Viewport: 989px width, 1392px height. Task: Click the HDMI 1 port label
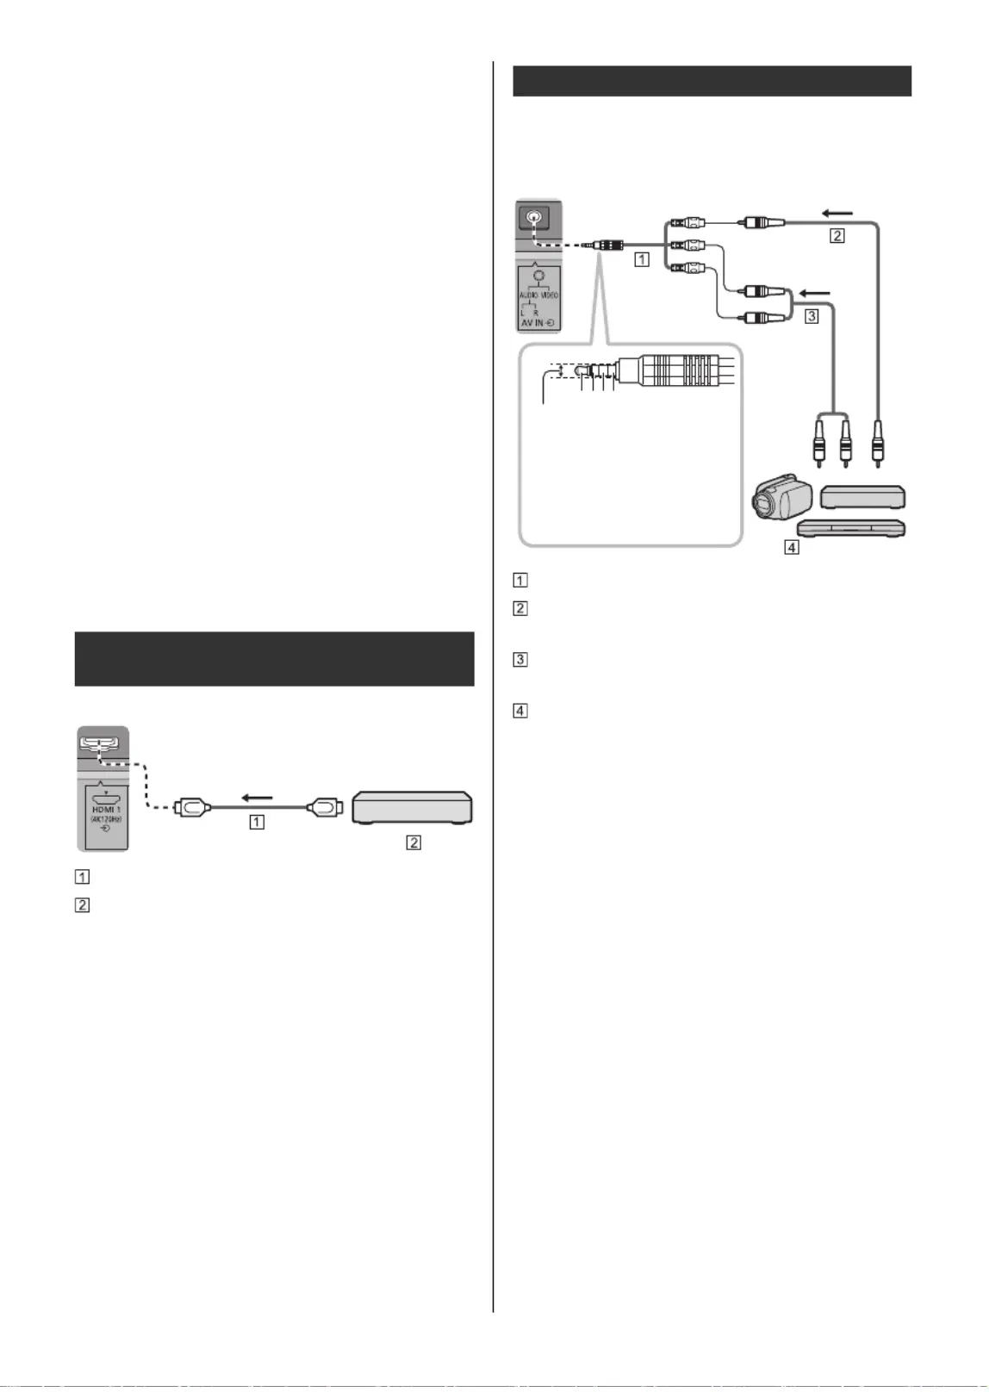106,809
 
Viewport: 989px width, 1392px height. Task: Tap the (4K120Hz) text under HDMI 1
106,818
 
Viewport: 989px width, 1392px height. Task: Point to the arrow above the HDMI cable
257,797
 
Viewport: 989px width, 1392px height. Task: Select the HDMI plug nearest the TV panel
190,808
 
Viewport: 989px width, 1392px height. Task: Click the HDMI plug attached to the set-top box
325,808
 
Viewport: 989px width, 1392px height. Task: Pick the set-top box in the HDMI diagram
412,807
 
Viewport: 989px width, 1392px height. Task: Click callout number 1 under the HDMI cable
257,822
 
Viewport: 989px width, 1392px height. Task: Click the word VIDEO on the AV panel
550,295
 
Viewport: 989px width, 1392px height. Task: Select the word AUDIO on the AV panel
529,295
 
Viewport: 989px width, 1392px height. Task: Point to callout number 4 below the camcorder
791,546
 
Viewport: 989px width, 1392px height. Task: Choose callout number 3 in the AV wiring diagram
811,316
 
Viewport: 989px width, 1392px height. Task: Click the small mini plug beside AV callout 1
608,245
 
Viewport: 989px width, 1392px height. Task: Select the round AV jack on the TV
536,218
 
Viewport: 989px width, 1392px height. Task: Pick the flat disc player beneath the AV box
851,528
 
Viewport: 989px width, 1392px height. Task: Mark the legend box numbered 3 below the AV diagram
520,660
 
